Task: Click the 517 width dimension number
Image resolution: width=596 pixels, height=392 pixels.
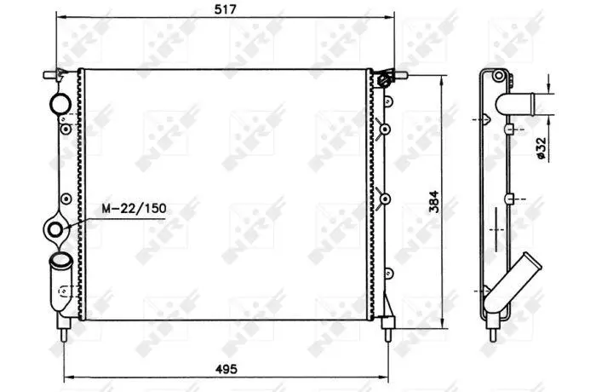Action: coord(226,9)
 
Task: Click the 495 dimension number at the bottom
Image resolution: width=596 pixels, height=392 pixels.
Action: coord(226,369)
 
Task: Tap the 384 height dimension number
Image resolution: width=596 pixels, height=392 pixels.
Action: coord(433,202)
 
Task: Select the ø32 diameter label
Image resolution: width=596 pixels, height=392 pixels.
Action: coord(541,148)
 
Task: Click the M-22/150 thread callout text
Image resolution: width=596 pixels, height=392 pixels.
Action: coord(134,209)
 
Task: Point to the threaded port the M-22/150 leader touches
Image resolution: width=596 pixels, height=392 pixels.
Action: coord(55,230)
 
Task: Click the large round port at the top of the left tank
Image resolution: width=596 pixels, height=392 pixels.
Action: coord(60,103)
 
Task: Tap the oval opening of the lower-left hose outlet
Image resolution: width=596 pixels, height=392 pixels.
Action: coord(60,260)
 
